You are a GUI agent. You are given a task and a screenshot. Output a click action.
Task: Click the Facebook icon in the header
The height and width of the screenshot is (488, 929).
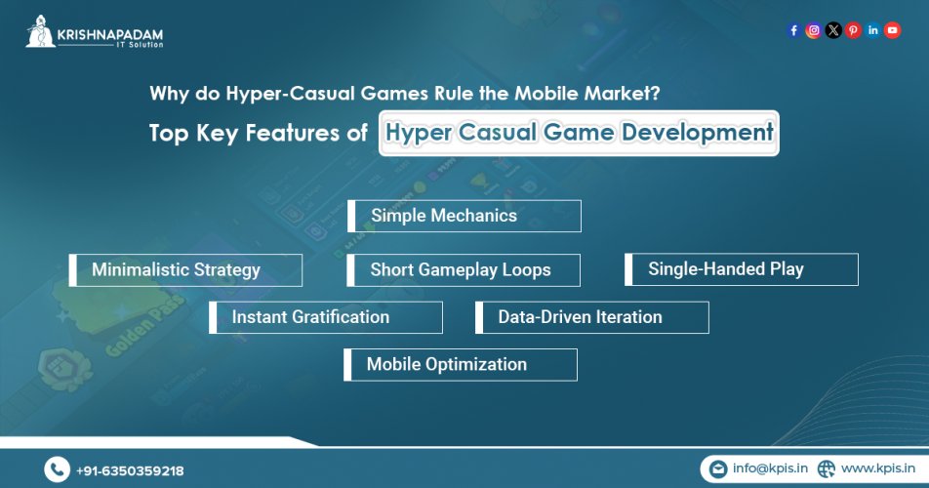coord(793,30)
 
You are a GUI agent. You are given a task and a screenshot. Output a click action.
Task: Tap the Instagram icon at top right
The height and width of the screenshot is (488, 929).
coord(813,30)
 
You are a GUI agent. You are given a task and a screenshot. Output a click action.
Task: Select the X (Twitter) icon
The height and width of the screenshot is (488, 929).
coord(832,30)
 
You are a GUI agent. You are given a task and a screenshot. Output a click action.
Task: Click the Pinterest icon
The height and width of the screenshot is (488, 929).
coord(853,30)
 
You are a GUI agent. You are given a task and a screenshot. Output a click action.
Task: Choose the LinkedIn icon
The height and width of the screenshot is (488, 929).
coord(872,30)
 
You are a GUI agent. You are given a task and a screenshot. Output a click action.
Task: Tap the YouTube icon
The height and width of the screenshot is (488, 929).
coord(892,30)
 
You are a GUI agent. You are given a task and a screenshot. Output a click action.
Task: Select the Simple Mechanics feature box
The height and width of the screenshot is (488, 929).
coord(464,216)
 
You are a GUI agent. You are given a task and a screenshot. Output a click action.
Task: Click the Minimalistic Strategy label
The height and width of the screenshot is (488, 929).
coord(176,270)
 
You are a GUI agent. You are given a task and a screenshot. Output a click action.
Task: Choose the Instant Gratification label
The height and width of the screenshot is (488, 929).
coord(310,317)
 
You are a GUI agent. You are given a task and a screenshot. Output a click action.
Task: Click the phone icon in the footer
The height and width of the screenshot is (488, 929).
coord(57,469)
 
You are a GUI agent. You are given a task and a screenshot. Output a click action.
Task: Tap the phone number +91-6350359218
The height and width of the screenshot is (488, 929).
coord(130,470)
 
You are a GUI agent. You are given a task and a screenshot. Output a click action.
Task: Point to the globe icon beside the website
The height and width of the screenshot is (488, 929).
coord(827,469)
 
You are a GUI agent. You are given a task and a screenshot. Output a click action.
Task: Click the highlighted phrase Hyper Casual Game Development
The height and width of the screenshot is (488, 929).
coord(579,133)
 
